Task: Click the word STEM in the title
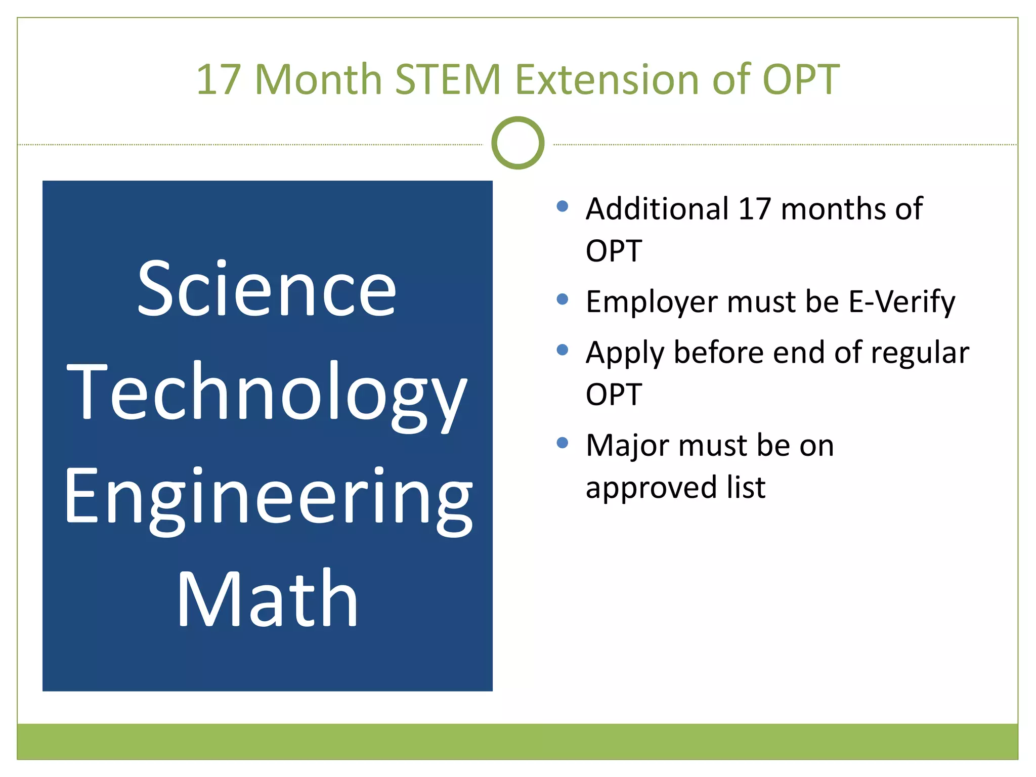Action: pyautogui.click(x=447, y=79)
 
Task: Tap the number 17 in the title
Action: pyautogui.click(x=218, y=79)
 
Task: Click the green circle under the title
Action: pyautogui.click(x=517, y=143)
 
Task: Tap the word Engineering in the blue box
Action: pyautogui.click(x=268, y=498)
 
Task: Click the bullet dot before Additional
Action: pyautogui.click(x=562, y=206)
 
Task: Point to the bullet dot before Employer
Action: pyautogui.click(x=562, y=299)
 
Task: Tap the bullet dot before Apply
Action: pyautogui.click(x=562, y=350)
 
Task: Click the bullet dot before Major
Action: pyautogui.click(x=562, y=443)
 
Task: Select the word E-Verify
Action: pyautogui.click(x=901, y=302)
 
